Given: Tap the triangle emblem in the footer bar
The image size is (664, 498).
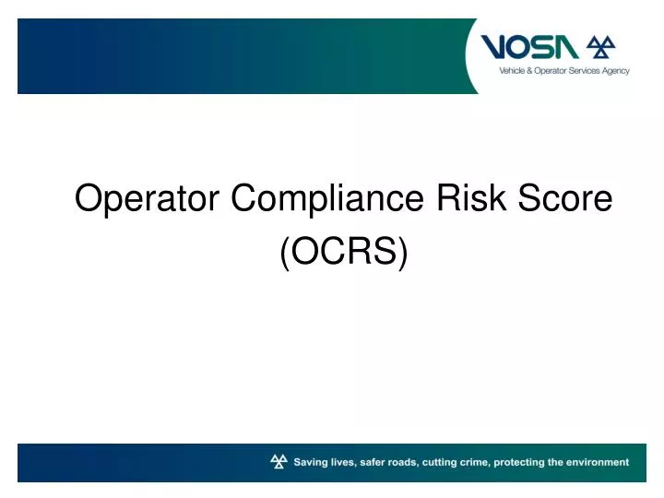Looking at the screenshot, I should point(279,461).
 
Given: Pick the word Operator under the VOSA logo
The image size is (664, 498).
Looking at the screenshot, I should point(542,72).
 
